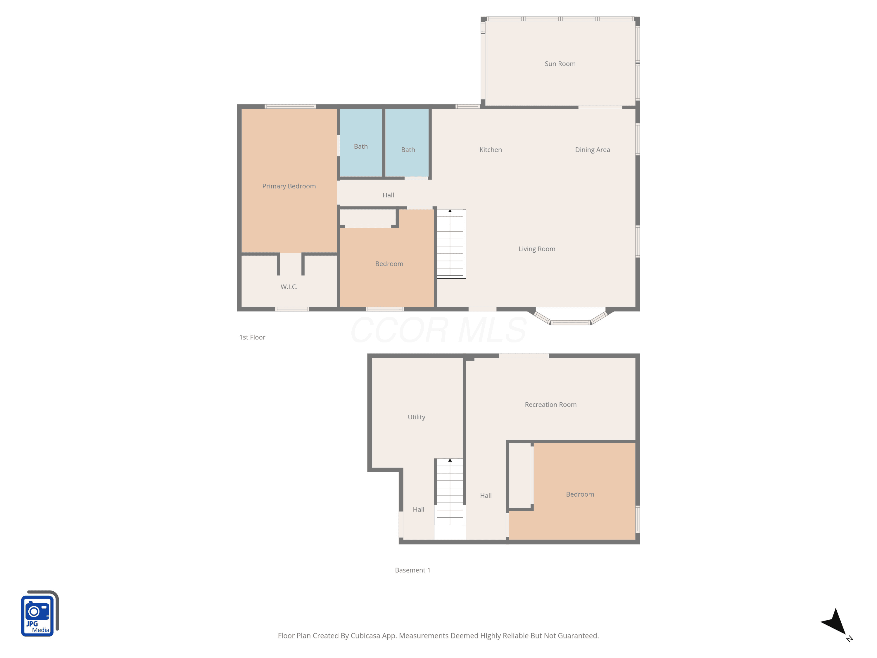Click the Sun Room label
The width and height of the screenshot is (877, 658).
(x=560, y=64)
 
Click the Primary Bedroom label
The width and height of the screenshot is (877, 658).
(x=289, y=186)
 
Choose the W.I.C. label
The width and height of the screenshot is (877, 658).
(x=289, y=287)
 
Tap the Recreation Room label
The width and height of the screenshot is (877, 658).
(x=551, y=404)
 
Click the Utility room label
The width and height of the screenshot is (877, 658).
(x=416, y=417)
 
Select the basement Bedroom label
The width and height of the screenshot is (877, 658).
(x=580, y=494)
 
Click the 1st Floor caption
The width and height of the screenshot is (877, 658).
(x=252, y=337)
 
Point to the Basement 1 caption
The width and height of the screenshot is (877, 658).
(x=412, y=570)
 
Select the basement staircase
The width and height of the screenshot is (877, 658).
(x=450, y=492)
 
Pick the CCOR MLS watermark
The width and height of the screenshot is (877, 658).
(x=438, y=330)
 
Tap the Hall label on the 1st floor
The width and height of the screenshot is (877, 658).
(x=388, y=195)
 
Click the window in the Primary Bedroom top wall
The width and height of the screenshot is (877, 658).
(x=290, y=106)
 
